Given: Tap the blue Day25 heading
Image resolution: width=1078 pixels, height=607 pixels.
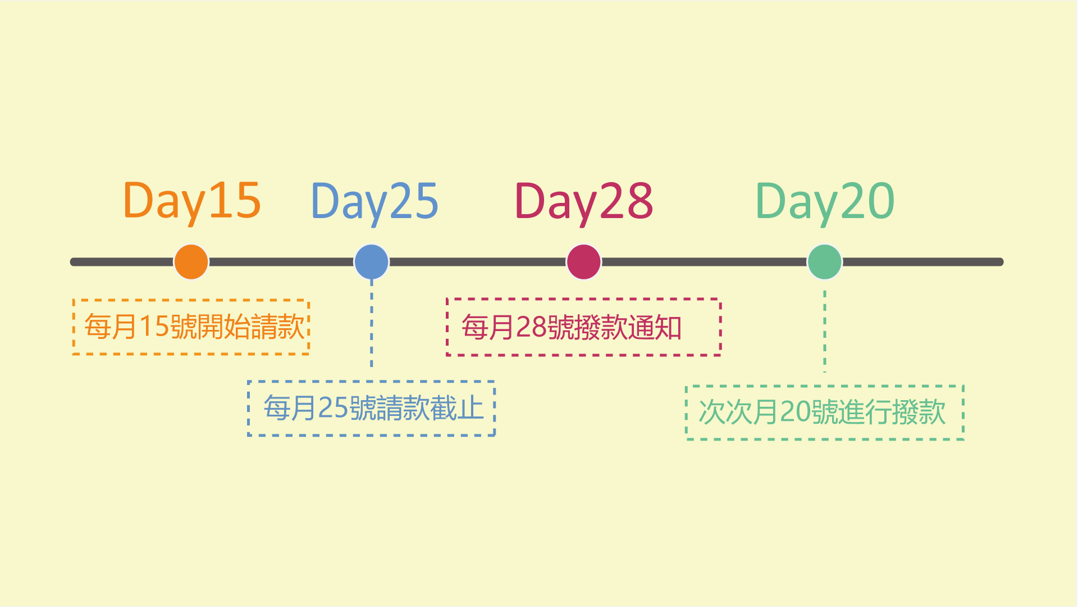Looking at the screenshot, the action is [374, 202].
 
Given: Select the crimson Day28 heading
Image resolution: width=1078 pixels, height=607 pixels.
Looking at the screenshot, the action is [584, 202].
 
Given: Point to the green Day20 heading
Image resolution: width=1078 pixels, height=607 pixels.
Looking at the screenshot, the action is [825, 202].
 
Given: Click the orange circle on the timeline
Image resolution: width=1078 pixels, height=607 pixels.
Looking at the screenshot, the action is [191, 262].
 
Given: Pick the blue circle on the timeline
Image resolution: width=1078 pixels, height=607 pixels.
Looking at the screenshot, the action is [372, 262].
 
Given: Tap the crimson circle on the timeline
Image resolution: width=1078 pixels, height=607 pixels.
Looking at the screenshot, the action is [584, 262].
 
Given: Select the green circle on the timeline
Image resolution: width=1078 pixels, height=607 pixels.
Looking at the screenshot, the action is [825, 262].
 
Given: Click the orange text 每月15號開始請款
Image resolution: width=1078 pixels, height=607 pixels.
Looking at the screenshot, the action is [194, 327].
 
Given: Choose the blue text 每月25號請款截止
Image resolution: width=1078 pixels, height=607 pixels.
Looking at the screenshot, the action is [374, 408].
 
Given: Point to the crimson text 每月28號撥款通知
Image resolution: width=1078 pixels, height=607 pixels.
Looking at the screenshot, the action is [572, 327].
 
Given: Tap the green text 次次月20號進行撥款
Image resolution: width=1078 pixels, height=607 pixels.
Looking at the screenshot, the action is [823, 412].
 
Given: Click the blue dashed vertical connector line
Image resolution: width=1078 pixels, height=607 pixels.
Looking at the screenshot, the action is [372, 323].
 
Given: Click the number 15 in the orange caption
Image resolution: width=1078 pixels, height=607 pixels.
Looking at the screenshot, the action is [154, 327].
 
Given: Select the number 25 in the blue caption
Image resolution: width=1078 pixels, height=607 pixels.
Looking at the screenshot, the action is [334, 408].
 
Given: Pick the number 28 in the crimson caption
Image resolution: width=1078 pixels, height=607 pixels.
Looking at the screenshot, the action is [531, 327].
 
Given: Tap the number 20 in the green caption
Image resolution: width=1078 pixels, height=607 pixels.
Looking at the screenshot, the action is [796, 412].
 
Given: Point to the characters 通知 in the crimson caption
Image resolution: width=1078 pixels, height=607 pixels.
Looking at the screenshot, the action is [655, 327].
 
